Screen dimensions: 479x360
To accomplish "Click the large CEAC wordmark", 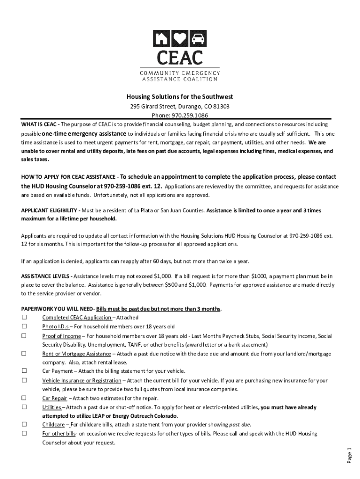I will coord(180,57).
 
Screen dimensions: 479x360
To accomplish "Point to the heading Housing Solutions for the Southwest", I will coord(180,97).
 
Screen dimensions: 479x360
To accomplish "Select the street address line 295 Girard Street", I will coord(180,106).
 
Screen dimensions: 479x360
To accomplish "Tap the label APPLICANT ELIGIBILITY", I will coord(50,210).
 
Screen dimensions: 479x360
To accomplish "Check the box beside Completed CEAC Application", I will coord(24,318).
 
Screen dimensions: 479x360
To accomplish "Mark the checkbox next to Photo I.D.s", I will coord(24,327).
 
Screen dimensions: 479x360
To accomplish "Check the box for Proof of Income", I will coord(24,336).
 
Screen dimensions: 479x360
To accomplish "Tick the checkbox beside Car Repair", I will coord(24,398).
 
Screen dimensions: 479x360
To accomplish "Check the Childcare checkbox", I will coord(24,425).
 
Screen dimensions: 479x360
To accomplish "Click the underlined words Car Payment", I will coord(58,371).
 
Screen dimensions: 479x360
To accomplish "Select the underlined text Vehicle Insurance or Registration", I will coord(81,380).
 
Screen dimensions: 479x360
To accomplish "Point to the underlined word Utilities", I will coord(51,407).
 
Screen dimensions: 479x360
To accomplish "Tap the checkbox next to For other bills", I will coord(24,434).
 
